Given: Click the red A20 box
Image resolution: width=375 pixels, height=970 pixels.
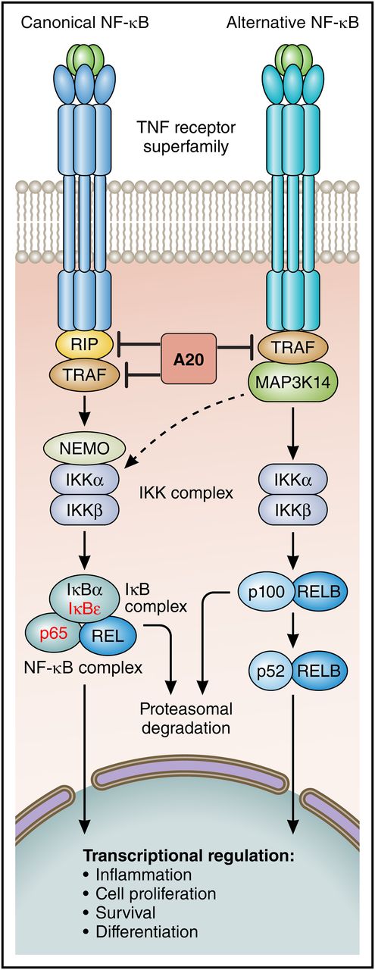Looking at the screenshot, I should click(x=188, y=357).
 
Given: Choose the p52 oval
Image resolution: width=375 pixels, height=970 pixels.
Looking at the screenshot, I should click(x=269, y=669).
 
